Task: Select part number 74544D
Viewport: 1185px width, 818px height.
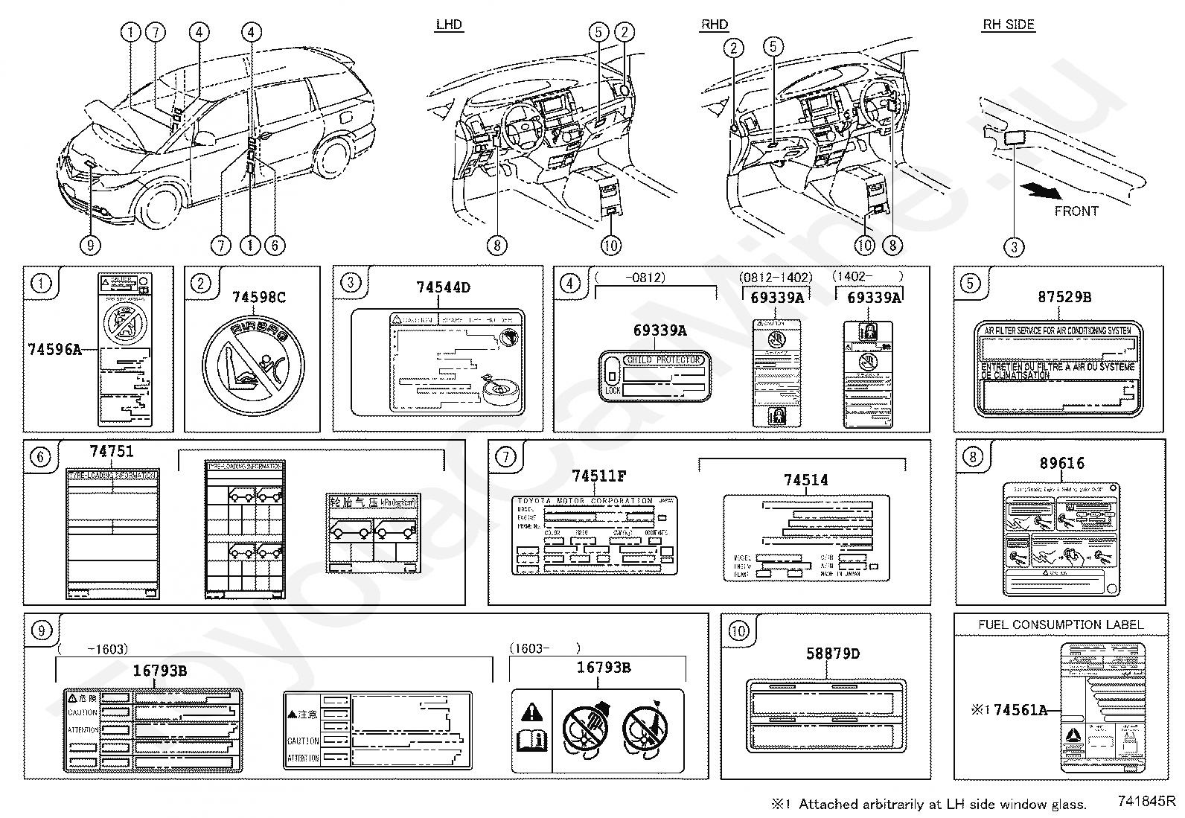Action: coord(443,287)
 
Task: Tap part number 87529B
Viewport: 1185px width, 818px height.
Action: coord(1064,297)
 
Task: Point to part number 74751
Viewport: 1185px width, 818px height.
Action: coord(112,451)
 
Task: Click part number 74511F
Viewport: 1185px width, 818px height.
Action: coord(598,476)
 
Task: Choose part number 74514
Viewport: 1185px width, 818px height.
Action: coord(805,480)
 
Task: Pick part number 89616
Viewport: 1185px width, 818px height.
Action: coord(1062,463)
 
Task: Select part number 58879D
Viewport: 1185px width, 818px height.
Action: coord(833,654)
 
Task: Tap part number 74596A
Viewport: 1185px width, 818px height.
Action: coord(54,348)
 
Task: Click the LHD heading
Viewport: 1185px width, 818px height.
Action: coord(449,25)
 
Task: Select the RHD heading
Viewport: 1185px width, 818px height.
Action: coord(715,25)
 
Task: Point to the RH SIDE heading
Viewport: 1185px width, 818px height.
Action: coord(1009,25)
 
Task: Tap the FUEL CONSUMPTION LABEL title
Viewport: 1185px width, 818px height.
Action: coord(1061,624)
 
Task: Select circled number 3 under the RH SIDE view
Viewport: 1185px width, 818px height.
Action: coord(1014,246)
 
